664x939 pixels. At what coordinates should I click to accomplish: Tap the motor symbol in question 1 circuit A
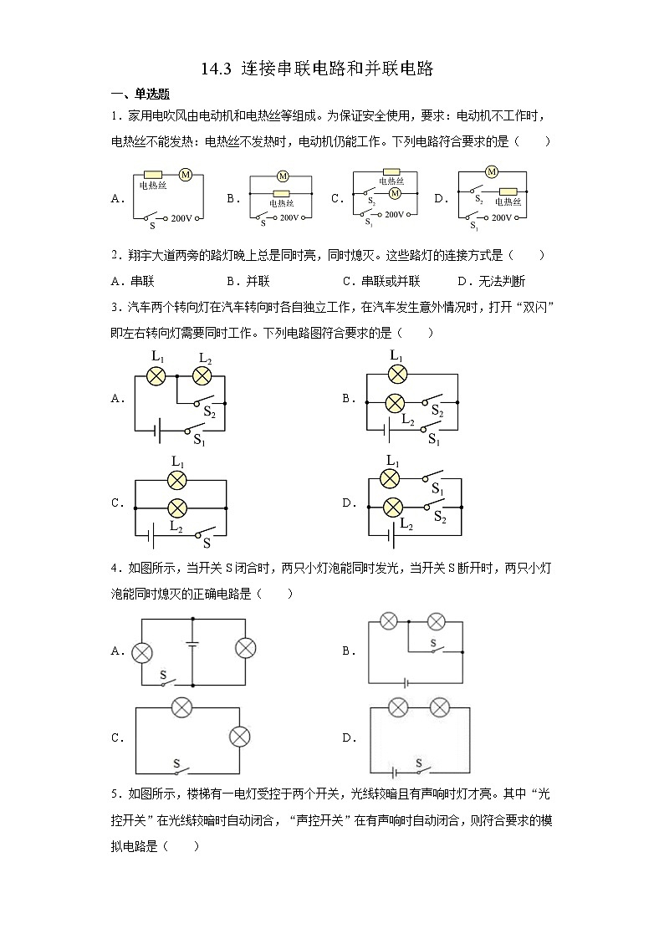pyautogui.click(x=186, y=174)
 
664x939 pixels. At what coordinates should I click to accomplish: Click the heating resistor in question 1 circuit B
pyautogui.click(x=282, y=194)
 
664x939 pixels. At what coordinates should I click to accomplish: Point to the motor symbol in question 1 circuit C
pyautogui.click(x=396, y=193)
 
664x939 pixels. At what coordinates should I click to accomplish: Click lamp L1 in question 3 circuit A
pyautogui.click(x=156, y=376)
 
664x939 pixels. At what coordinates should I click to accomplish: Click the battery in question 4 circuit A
pyautogui.click(x=192, y=645)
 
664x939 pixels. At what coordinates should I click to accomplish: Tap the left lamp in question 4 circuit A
pyautogui.click(x=141, y=651)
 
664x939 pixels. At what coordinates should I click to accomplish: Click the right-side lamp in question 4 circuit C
pyautogui.click(x=240, y=737)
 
